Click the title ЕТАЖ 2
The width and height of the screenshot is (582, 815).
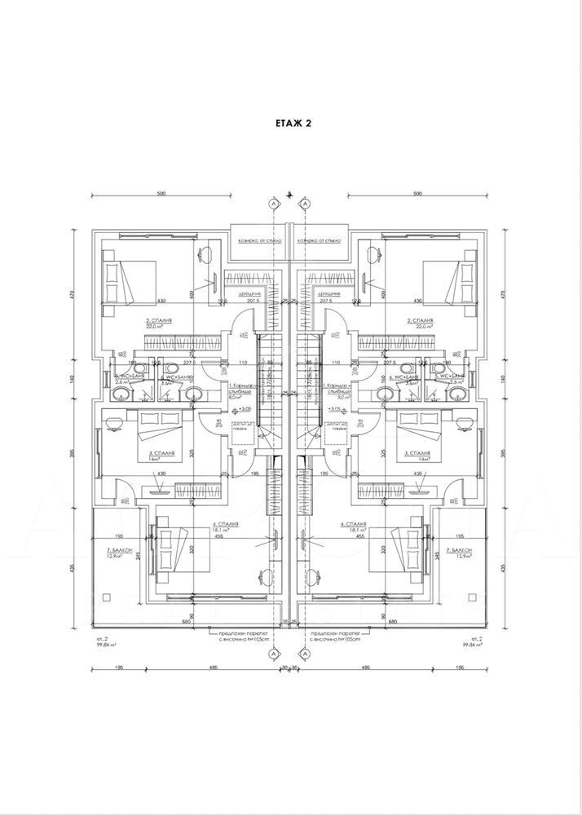click(290, 123)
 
